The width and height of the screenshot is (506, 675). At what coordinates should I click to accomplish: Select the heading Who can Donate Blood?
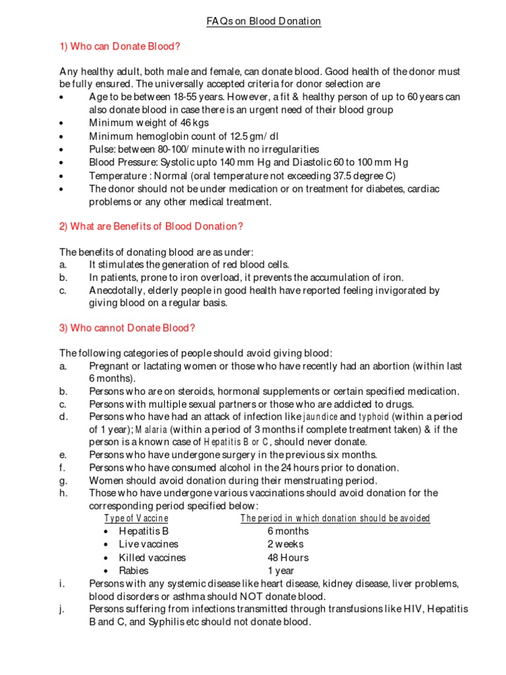120,46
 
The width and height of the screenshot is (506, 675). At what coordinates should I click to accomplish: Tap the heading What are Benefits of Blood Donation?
152,226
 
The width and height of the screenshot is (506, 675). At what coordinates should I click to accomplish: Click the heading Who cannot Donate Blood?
128,328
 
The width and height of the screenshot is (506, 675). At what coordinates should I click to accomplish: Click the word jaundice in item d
320,417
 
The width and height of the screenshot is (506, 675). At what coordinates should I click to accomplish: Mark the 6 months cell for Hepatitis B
288,531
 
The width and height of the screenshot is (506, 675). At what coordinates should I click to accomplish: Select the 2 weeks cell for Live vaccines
285,544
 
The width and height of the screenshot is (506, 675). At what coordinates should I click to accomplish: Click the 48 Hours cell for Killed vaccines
288,557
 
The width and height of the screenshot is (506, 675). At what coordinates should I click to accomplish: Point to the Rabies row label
134,570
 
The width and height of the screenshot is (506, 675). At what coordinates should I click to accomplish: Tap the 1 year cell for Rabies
281,570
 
